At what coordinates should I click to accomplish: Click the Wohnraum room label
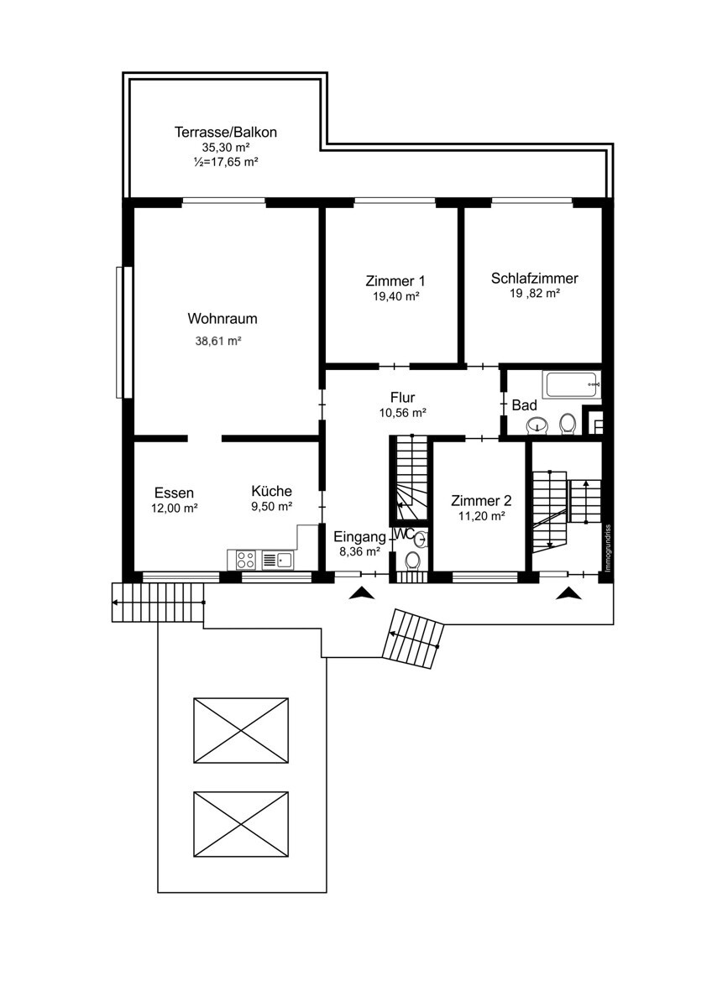[x=222, y=319]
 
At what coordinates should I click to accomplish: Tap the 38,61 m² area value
[x=218, y=341]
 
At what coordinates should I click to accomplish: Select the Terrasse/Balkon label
[x=225, y=133]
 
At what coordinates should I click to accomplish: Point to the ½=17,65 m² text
[x=225, y=162]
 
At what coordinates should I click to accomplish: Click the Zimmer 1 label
[x=395, y=281]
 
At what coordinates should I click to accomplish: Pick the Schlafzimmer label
[x=534, y=279]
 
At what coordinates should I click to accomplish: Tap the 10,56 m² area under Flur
[x=402, y=413]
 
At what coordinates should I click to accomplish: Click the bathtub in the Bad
[x=572, y=384]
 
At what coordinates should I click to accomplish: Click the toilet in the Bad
[x=568, y=425]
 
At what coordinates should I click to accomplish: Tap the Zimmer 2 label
[x=481, y=500]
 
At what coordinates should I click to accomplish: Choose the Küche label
[x=272, y=490]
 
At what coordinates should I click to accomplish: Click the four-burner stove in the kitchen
[x=245, y=560]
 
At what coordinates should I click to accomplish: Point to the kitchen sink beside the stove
[x=277, y=560]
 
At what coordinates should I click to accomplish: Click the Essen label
[x=174, y=493]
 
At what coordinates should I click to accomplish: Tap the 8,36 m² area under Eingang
[x=360, y=551]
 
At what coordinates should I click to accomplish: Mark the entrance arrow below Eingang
[x=362, y=593]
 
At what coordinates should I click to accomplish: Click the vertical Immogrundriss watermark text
[x=608, y=548]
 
